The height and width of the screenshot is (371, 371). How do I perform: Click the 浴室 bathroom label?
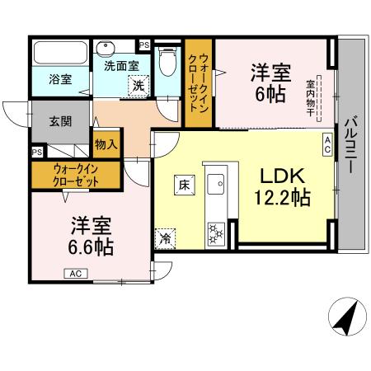[x=59, y=80]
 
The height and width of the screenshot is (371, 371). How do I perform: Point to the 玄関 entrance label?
[x=49, y=120]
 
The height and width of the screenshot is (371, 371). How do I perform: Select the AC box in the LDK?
[x=326, y=145]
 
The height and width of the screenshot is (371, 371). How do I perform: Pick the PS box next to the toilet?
[x=143, y=45]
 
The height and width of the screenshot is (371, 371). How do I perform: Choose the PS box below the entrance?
[x=37, y=152]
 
